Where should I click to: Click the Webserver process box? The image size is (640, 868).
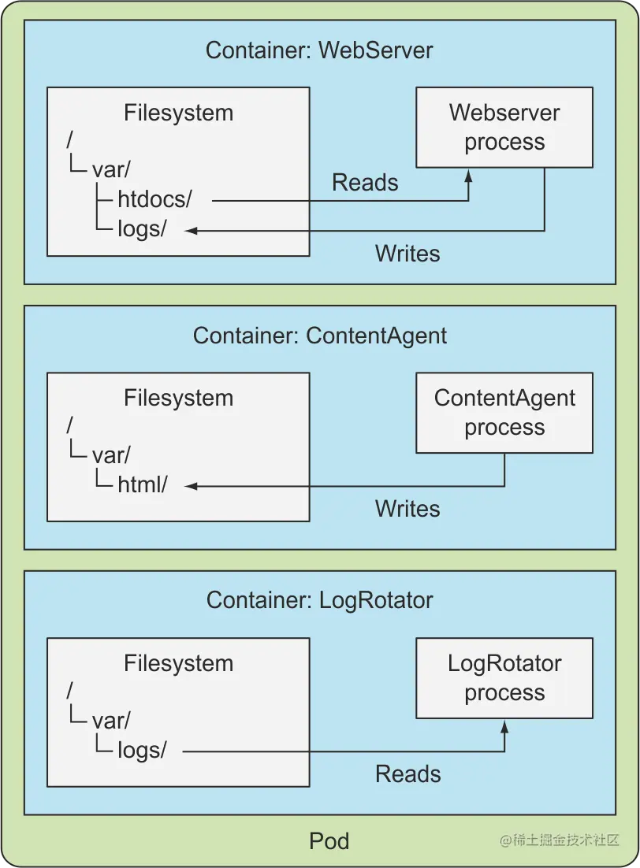tap(504, 127)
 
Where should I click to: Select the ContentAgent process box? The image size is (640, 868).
tap(504, 412)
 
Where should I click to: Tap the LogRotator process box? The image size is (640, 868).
tap(504, 677)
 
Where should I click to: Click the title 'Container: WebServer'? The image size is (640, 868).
tap(319, 50)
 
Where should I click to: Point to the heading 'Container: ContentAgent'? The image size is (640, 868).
tap(319, 336)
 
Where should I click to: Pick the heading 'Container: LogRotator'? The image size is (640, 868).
tap(319, 600)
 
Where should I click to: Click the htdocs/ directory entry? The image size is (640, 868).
tap(154, 200)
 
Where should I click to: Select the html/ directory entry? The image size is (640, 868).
tap(142, 485)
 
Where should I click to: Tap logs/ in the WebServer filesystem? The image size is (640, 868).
tap(142, 229)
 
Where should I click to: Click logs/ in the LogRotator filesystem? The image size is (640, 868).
tap(142, 751)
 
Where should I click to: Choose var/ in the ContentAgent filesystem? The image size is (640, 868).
tap(111, 456)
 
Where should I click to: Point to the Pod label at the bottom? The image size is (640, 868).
tap(329, 841)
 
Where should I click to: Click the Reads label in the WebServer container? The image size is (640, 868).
tap(365, 183)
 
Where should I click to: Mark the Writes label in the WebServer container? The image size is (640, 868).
tap(407, 253)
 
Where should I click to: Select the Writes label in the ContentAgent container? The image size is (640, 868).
tap(407, 508)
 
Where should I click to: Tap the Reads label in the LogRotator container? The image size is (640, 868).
tap(407, 773)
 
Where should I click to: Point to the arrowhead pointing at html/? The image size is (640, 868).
tap(190, 486)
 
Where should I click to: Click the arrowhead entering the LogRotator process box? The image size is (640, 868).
tap(504, 725)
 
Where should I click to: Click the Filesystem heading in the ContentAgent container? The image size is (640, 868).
tap(178, 398)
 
